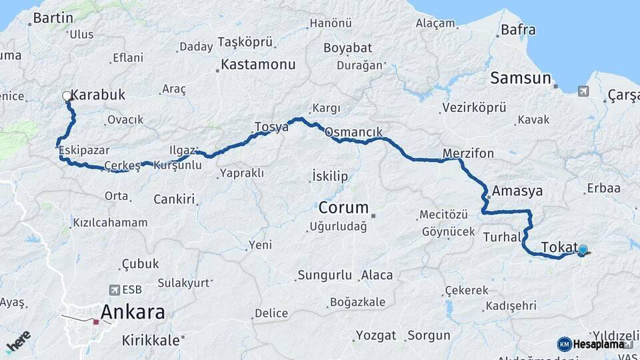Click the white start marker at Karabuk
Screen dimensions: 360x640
tap(67, 96)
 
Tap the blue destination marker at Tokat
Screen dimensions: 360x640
tap(583, 250)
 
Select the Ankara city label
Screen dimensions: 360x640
tap(132, 312)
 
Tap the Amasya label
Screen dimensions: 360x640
tap(517, 191)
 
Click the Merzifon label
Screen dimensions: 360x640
tap(469, 154)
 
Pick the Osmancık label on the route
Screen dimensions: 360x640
tap(353, 133)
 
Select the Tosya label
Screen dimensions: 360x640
tap(271, 127)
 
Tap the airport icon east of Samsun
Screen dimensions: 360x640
tap(584, 91)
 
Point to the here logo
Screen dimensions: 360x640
tap(18, 341)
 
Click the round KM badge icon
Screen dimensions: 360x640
tap(564, 344)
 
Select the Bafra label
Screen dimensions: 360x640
tap(518, 30)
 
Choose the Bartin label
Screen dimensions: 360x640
tap(53, 18)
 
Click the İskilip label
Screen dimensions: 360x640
tap(330, 177)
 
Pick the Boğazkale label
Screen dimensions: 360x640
tap(358, 302)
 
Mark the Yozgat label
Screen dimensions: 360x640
tap(376, 335)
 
